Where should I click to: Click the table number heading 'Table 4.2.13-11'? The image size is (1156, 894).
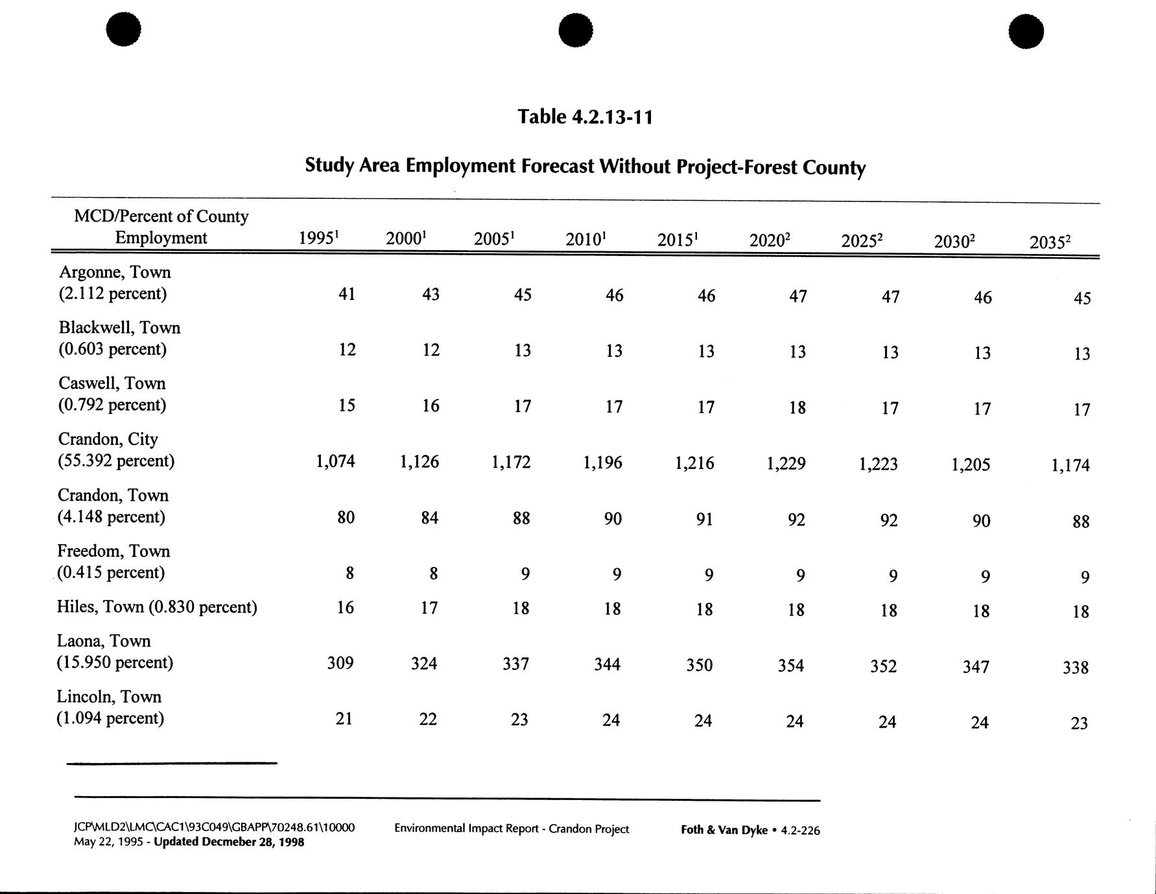585,117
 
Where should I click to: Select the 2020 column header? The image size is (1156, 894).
769,240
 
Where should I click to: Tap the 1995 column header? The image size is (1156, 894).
318,238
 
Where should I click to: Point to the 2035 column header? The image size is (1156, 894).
1049,242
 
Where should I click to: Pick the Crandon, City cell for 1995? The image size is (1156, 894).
335,461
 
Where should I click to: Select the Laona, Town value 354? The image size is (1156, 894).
790,666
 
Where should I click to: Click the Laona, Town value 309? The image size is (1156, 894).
340,663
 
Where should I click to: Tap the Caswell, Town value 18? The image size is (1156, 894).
797,407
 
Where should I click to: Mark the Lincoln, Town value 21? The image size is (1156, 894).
344,719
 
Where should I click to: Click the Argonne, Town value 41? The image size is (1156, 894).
346,294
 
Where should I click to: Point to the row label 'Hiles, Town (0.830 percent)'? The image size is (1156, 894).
157,607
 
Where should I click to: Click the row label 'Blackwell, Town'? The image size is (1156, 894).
119,328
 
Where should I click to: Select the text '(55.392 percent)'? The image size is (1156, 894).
116,461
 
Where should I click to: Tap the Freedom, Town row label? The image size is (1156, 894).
113,551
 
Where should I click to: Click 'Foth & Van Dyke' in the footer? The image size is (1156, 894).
724,830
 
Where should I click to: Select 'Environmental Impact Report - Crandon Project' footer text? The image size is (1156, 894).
512,829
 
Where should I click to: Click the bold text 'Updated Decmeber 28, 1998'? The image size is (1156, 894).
229,842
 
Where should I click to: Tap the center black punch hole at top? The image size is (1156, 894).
575,30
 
